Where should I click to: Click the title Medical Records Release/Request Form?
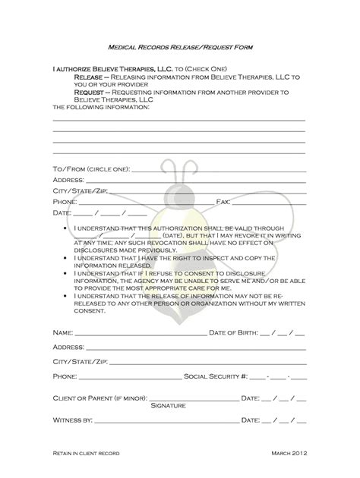pos(180,46)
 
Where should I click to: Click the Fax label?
pos(223,203)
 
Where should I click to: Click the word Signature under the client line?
pos(169,406)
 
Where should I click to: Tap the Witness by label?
pos(73,419)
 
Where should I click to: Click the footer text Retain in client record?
pos(86,452)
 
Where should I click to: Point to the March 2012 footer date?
pos(289,452)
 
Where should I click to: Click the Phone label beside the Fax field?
pos(65,203)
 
